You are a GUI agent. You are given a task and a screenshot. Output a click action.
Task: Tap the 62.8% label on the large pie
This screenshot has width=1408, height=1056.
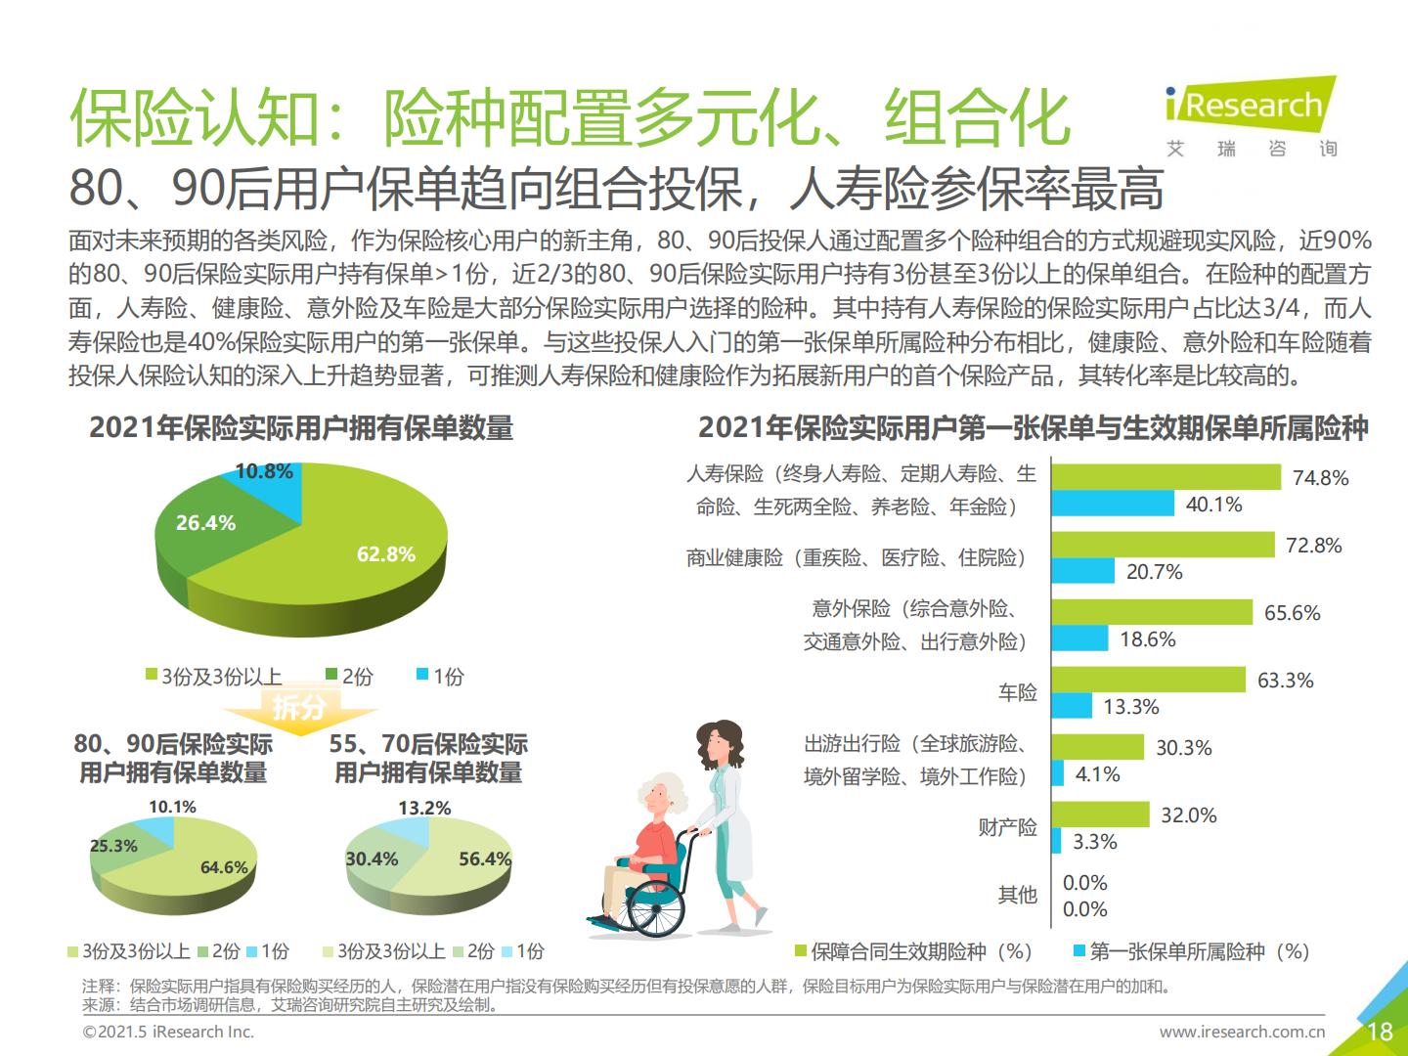coord(385,554)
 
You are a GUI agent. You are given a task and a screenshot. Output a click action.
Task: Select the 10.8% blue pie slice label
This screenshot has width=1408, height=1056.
coord(264,471)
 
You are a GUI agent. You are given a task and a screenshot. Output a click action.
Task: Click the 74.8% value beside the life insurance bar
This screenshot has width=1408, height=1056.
coord(1320,478)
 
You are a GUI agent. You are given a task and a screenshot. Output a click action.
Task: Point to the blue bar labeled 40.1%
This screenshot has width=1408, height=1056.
coord(1113,504)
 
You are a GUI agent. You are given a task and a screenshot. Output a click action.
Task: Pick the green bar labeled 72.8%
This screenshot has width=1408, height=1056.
coord(1163,545)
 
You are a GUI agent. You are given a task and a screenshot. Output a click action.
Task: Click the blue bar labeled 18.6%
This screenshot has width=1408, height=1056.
coord(1079,638)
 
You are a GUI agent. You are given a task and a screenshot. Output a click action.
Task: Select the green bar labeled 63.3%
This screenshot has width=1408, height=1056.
coord(1148,680)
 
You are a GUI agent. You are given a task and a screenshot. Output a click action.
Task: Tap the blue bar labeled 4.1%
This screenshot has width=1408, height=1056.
coord(1057,773)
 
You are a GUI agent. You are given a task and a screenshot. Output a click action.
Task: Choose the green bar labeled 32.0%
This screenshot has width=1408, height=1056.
coord(1100,814)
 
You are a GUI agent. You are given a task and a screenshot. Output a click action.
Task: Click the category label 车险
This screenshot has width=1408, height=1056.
coord(1017,693)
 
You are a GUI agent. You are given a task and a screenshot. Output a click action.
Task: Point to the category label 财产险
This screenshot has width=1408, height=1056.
coord(1007,828)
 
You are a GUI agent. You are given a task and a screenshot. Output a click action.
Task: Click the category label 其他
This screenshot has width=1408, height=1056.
coord(1017,895)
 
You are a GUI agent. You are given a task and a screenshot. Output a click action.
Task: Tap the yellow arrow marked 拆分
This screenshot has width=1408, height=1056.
coord(298,706)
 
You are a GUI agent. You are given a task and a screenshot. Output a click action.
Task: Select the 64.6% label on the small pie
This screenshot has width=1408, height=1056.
coord(224,867)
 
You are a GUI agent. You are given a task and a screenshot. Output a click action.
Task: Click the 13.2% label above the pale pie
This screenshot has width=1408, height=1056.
coord(424,809)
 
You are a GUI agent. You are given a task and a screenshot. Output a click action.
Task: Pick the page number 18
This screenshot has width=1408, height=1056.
coord(1380,1031)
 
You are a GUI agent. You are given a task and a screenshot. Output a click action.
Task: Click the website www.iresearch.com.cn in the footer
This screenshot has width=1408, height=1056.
coord(1242,1032)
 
